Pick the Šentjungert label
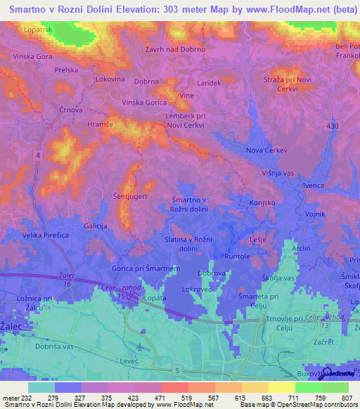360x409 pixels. click(x=130, y=197)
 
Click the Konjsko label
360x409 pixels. click(x=262, y=202)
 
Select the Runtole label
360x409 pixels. click(x=237, y=257)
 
